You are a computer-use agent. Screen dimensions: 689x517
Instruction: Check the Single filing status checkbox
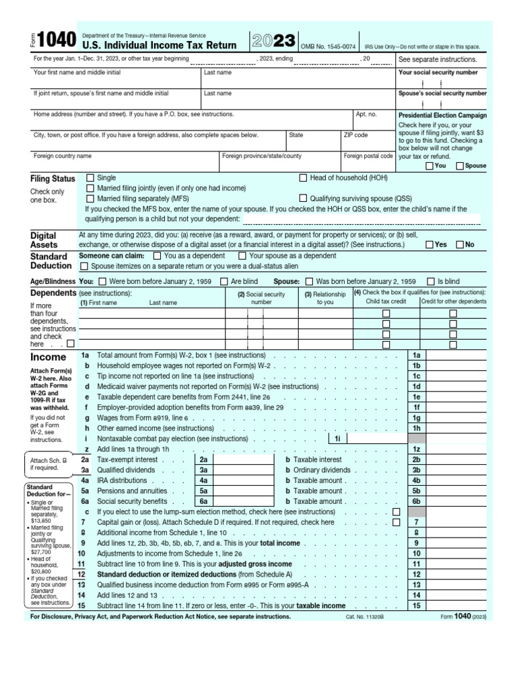(90, 178)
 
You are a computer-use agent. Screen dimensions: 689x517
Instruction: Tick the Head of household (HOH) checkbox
(303, 178)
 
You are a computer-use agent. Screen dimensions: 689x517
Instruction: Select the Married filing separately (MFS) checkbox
(90, 198)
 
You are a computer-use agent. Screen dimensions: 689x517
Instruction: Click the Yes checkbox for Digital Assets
(429, 245)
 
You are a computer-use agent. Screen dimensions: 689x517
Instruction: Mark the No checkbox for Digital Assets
(460, 245)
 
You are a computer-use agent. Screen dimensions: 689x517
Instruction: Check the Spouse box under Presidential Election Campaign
(460, 166)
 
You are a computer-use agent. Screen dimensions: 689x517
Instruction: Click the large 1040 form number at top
(56, 41)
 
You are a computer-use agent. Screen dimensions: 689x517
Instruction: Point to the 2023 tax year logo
(273, 41)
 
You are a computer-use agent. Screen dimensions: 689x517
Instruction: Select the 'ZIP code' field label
(356, 135)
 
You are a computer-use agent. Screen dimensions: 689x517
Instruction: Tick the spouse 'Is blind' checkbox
(430, 281)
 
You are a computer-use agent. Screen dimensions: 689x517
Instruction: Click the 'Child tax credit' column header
(386, 302)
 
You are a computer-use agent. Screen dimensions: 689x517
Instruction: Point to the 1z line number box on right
(416, 449)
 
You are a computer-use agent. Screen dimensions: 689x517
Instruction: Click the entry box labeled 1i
(337, 438)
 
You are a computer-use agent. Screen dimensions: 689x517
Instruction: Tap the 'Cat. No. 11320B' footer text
(364, 616)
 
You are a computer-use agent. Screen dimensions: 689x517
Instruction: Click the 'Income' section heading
(48, 357)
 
